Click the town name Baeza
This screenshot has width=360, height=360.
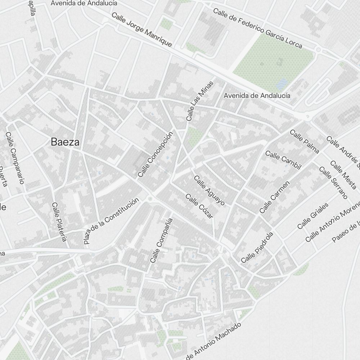pyautogui.click(x=65, y=142)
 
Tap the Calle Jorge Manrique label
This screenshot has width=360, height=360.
pyautogui.click(x=141, y=30)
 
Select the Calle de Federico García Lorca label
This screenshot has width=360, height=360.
pyautogui.click(x=257, y=28)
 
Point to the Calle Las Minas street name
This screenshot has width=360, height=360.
pyautogui.click(x=200, y=101)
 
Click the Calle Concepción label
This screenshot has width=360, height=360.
pyautogui.click(x=156, y=154)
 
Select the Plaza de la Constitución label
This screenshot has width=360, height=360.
pyautogui.click(x=111, y=221)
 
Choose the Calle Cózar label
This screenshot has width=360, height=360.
pyautogui.click(x=199, y=206)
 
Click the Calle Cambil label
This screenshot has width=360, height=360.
pyautogui.click(x=283, y=159)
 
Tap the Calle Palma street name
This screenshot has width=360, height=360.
pyautogui.click(x=304, y=141)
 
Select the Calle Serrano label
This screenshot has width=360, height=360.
pyautogui.click(x=333, y=183)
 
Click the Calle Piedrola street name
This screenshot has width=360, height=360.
pyautogui.click(x=257, y=247)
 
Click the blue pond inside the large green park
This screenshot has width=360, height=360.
pyautogui.click(x=281, y=84)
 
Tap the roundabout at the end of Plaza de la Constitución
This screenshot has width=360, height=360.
pyautogui.click(x=150, y=198)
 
